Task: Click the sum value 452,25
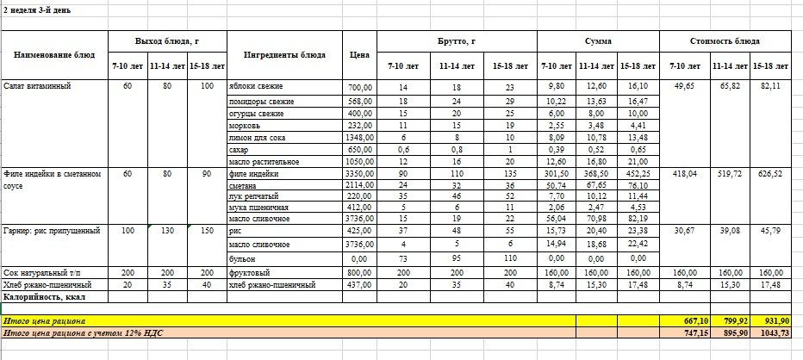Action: (x=636, y=173)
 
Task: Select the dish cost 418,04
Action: (x=685, y=173)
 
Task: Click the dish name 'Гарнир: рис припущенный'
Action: (x=53, y=231)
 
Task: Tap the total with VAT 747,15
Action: (x=685, y=332)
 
